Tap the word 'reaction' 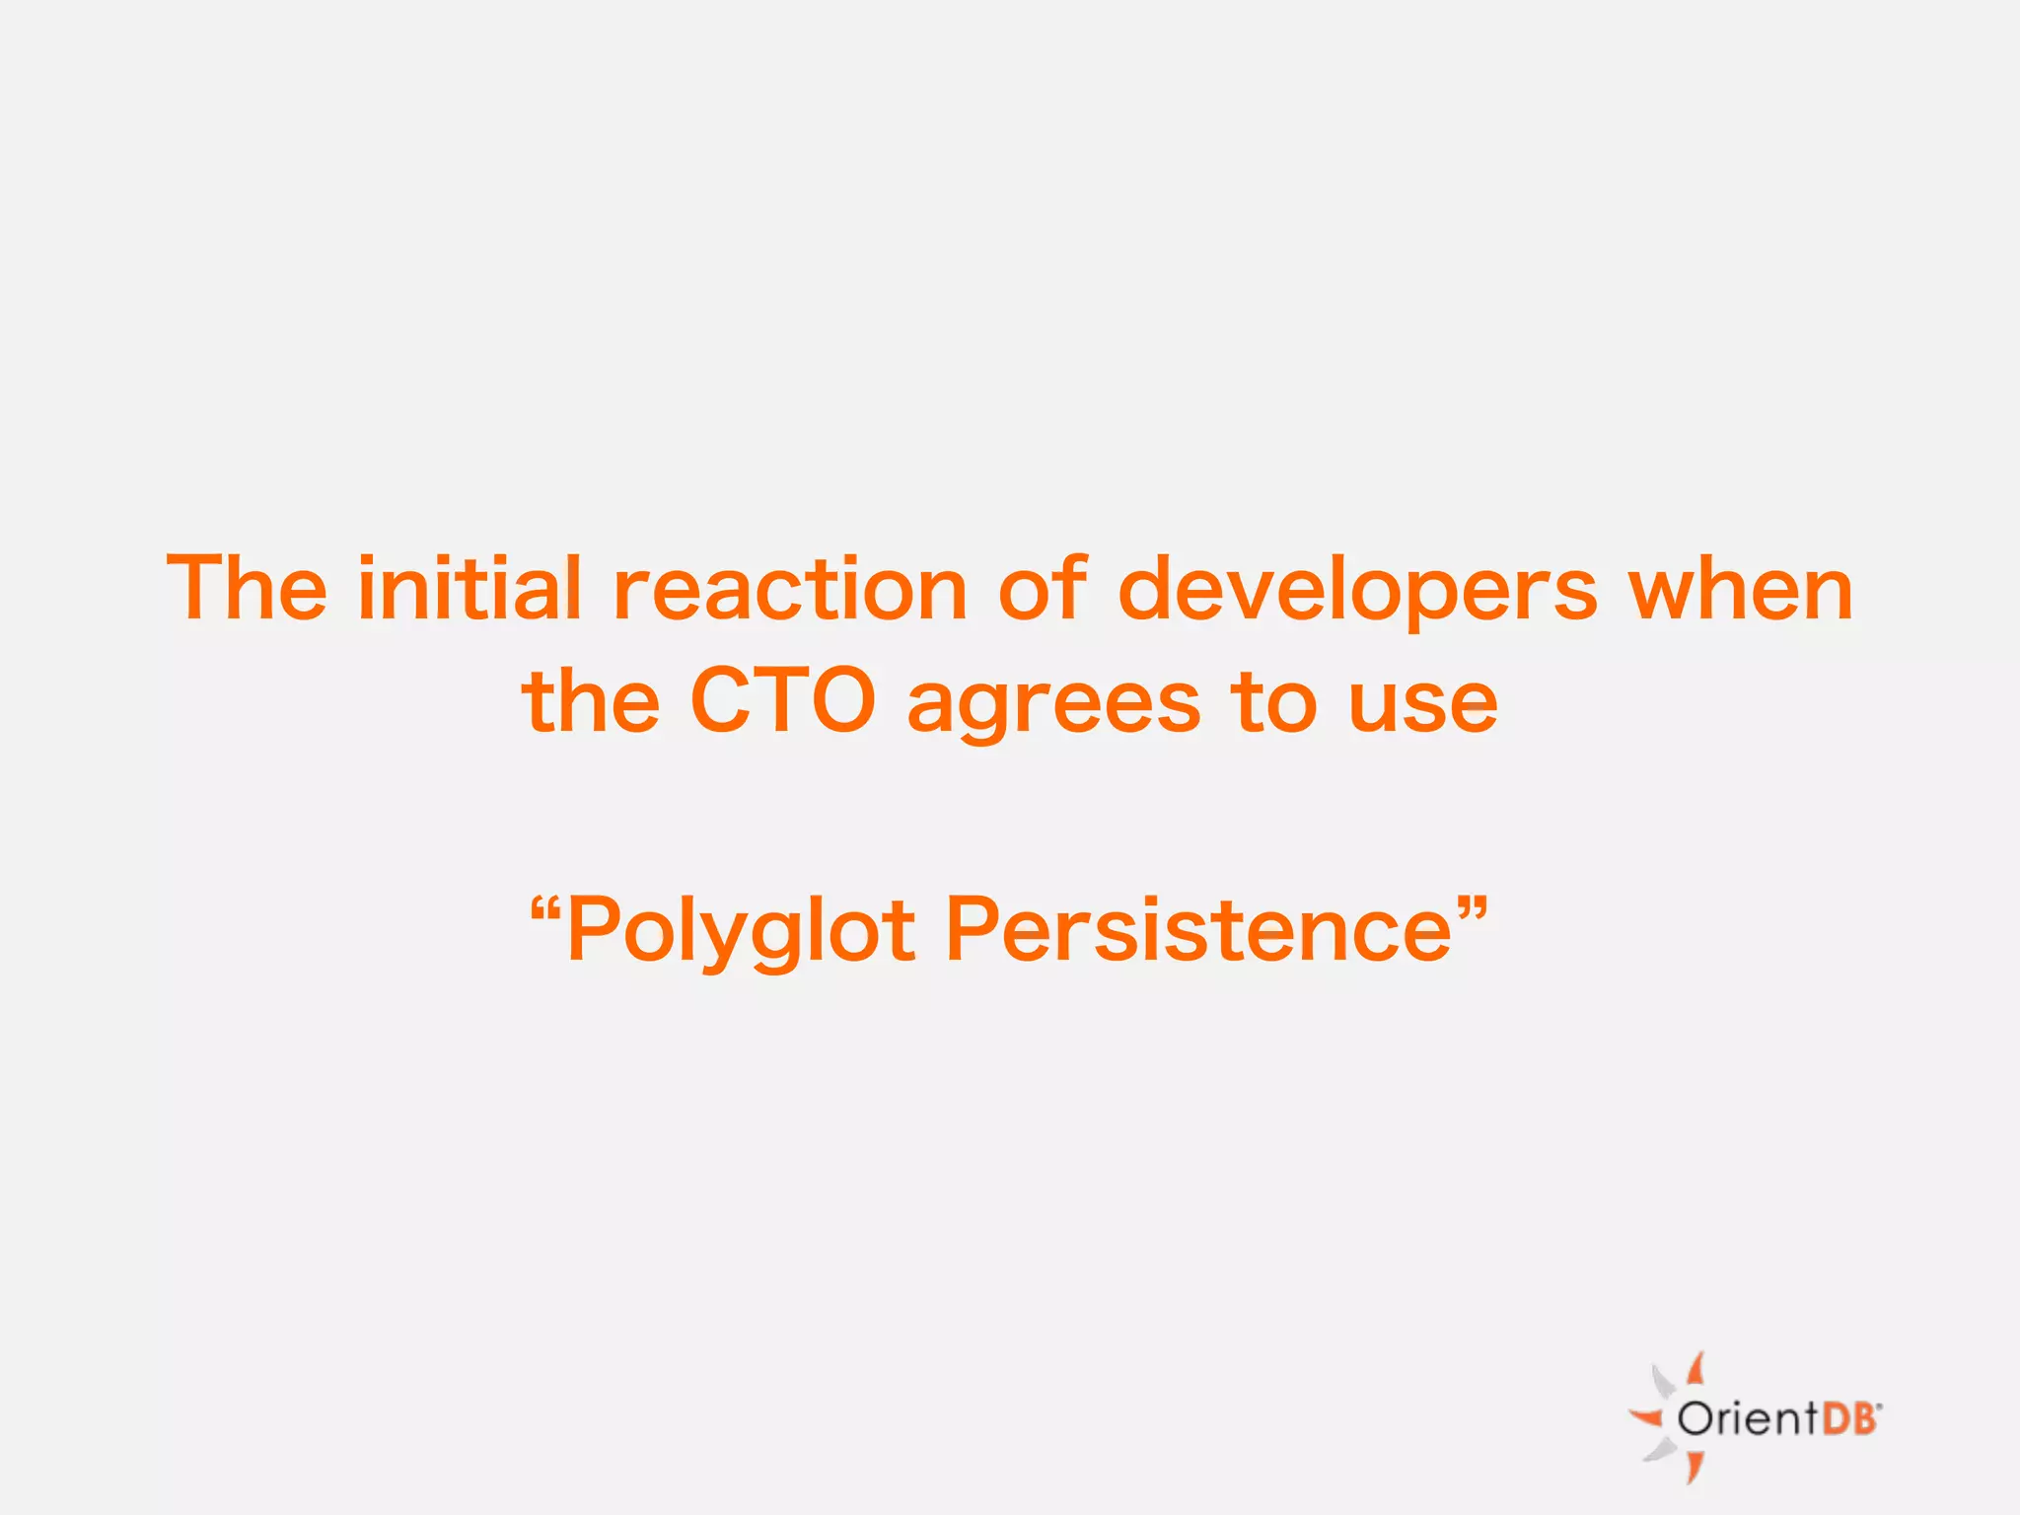coord(790,590)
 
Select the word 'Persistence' coord(1198,929)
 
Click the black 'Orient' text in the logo coord(1747,1419)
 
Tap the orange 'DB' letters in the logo coord(1848,1419)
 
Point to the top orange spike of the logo coord(1695,1369)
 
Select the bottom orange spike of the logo coord(1695,1467)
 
